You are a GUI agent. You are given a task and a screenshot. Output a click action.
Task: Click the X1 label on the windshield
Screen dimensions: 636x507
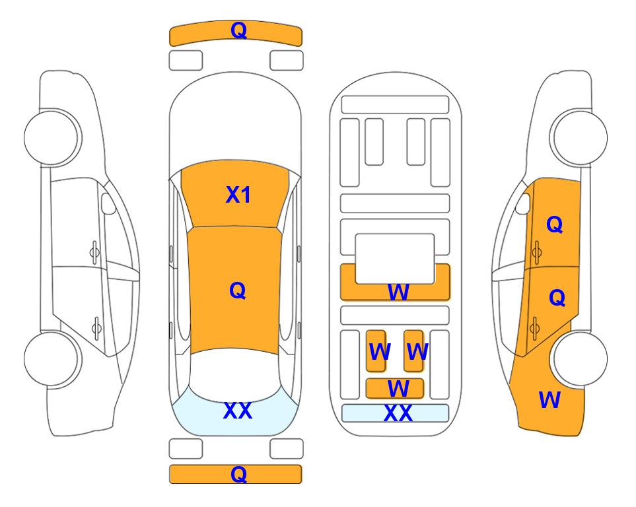tap(238, 195)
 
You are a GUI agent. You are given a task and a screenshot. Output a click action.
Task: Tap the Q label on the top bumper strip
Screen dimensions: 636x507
tap(238, 30)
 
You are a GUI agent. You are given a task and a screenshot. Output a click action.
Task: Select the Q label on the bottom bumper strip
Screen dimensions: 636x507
tap(238, 474)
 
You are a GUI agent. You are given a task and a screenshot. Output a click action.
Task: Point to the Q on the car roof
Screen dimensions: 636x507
tap(238, 290)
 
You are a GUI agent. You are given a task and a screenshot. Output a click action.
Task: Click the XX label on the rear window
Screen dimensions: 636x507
tap(238, 411)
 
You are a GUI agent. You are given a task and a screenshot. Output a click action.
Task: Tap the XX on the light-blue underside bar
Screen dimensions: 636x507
tap(398, 413)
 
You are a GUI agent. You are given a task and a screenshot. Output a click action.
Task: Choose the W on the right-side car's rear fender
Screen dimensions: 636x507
tap(549, 400)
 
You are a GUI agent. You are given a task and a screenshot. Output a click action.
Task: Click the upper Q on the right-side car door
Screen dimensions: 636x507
tap(555, 224)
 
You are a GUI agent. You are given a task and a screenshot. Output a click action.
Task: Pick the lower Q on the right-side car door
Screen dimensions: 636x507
tap(557, 298)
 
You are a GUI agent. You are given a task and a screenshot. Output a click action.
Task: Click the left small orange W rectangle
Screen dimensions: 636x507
tap(376, 351)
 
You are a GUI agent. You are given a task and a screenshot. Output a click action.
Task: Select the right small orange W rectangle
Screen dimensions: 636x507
tap(413, 351)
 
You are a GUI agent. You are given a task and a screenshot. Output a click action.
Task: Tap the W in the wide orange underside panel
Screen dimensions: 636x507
tap(398, 292)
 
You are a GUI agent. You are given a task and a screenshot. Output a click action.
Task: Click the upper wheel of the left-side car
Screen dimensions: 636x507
tap(52, 137)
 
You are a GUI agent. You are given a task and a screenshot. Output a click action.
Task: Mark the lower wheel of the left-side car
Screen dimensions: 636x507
tap(52, 358)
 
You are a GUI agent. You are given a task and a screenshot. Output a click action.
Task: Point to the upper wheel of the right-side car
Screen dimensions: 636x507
tap(579, 137)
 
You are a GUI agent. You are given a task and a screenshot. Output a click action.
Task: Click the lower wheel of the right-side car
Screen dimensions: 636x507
tap(579, 358)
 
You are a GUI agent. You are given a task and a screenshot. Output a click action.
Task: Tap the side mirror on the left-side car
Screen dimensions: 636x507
tap(108, 203)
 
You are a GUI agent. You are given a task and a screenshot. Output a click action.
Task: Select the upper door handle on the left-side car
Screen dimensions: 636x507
tap(94, 253)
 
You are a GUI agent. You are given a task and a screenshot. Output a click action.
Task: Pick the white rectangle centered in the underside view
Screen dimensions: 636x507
tap(395, 259)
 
